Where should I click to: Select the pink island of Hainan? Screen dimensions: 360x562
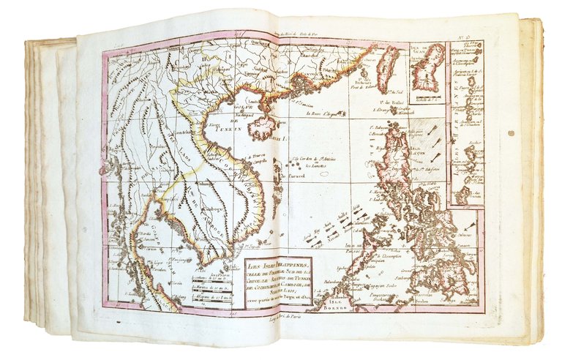[x=262, y=127]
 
